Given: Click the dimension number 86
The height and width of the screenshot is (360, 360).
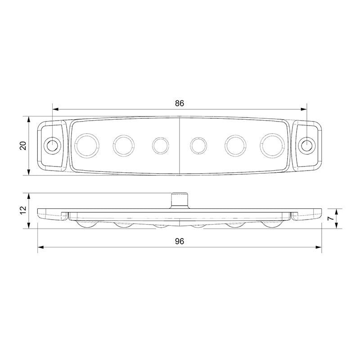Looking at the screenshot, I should pyautogui.click(x=180, y=103).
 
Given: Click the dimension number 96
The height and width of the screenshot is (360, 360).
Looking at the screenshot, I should pyautogui.click(x=180, y=241).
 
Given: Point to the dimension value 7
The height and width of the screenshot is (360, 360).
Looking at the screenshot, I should pyautogui.click(x=330, y=218).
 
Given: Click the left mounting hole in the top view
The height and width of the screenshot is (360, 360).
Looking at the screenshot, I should pyautogui.click(x=53, y=145).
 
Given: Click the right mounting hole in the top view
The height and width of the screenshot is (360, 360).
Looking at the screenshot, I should pyautogui.click(x=306, y=145).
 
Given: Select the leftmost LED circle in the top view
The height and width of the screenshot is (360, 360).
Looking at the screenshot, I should pyautogui.click(x=87, y=145).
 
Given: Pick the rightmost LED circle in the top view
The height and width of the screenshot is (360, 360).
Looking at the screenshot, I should pyautogui.click(x=272, y=145).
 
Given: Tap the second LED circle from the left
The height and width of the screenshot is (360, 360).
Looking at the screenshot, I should pyautogui.click(x=124, y=145).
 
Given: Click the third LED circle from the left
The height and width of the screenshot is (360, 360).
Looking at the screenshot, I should pyautogui.click(x=160, y=145).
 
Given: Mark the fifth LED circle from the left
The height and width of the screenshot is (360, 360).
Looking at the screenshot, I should pyautogui.click(x=235, y=145).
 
